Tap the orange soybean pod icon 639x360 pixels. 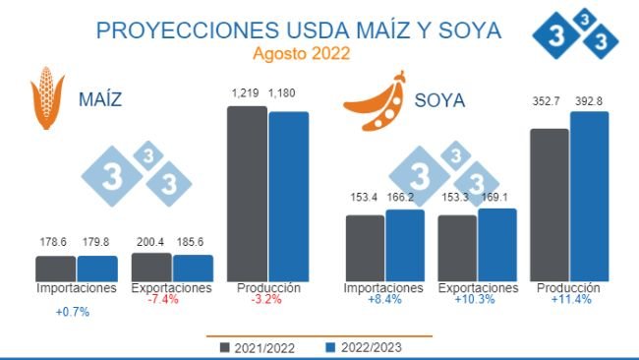point(375,101)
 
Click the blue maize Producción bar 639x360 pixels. point(289,196)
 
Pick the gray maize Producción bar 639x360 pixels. point(247,194)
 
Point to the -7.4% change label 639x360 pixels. point(162,300)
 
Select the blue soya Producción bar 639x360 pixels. point(590,197)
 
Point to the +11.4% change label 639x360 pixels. point(570,300)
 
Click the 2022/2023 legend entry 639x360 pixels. point(362,346)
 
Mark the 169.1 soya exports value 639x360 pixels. point(498,196)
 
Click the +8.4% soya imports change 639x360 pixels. point(383,300)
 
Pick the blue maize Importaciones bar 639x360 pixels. point(97,269)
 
